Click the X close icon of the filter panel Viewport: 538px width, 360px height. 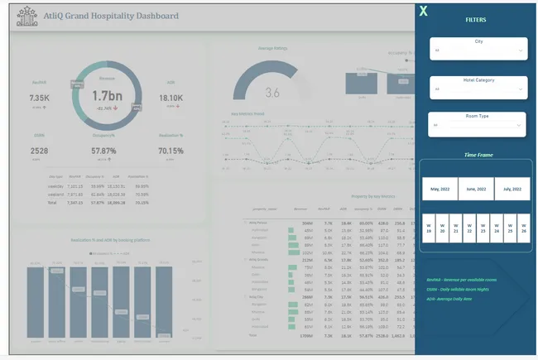[424, 12]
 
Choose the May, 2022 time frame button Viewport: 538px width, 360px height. [440, 189]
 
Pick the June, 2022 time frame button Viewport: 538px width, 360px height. [476, 189]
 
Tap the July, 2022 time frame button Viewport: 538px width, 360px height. [512, 189]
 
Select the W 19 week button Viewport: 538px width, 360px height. [428, 227]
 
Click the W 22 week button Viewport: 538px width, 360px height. [468, 227]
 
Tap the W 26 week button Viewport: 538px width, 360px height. [523, 227]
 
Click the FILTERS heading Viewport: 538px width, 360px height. [476, 19]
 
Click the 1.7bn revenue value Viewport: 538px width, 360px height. [107, 96]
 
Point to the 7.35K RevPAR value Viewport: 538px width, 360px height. [40, 98]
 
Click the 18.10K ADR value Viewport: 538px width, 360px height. [171, 98]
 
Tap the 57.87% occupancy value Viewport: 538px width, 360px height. [107, 151]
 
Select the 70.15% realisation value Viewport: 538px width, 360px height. [171, 151]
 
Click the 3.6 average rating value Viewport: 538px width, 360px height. [272, 92]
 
